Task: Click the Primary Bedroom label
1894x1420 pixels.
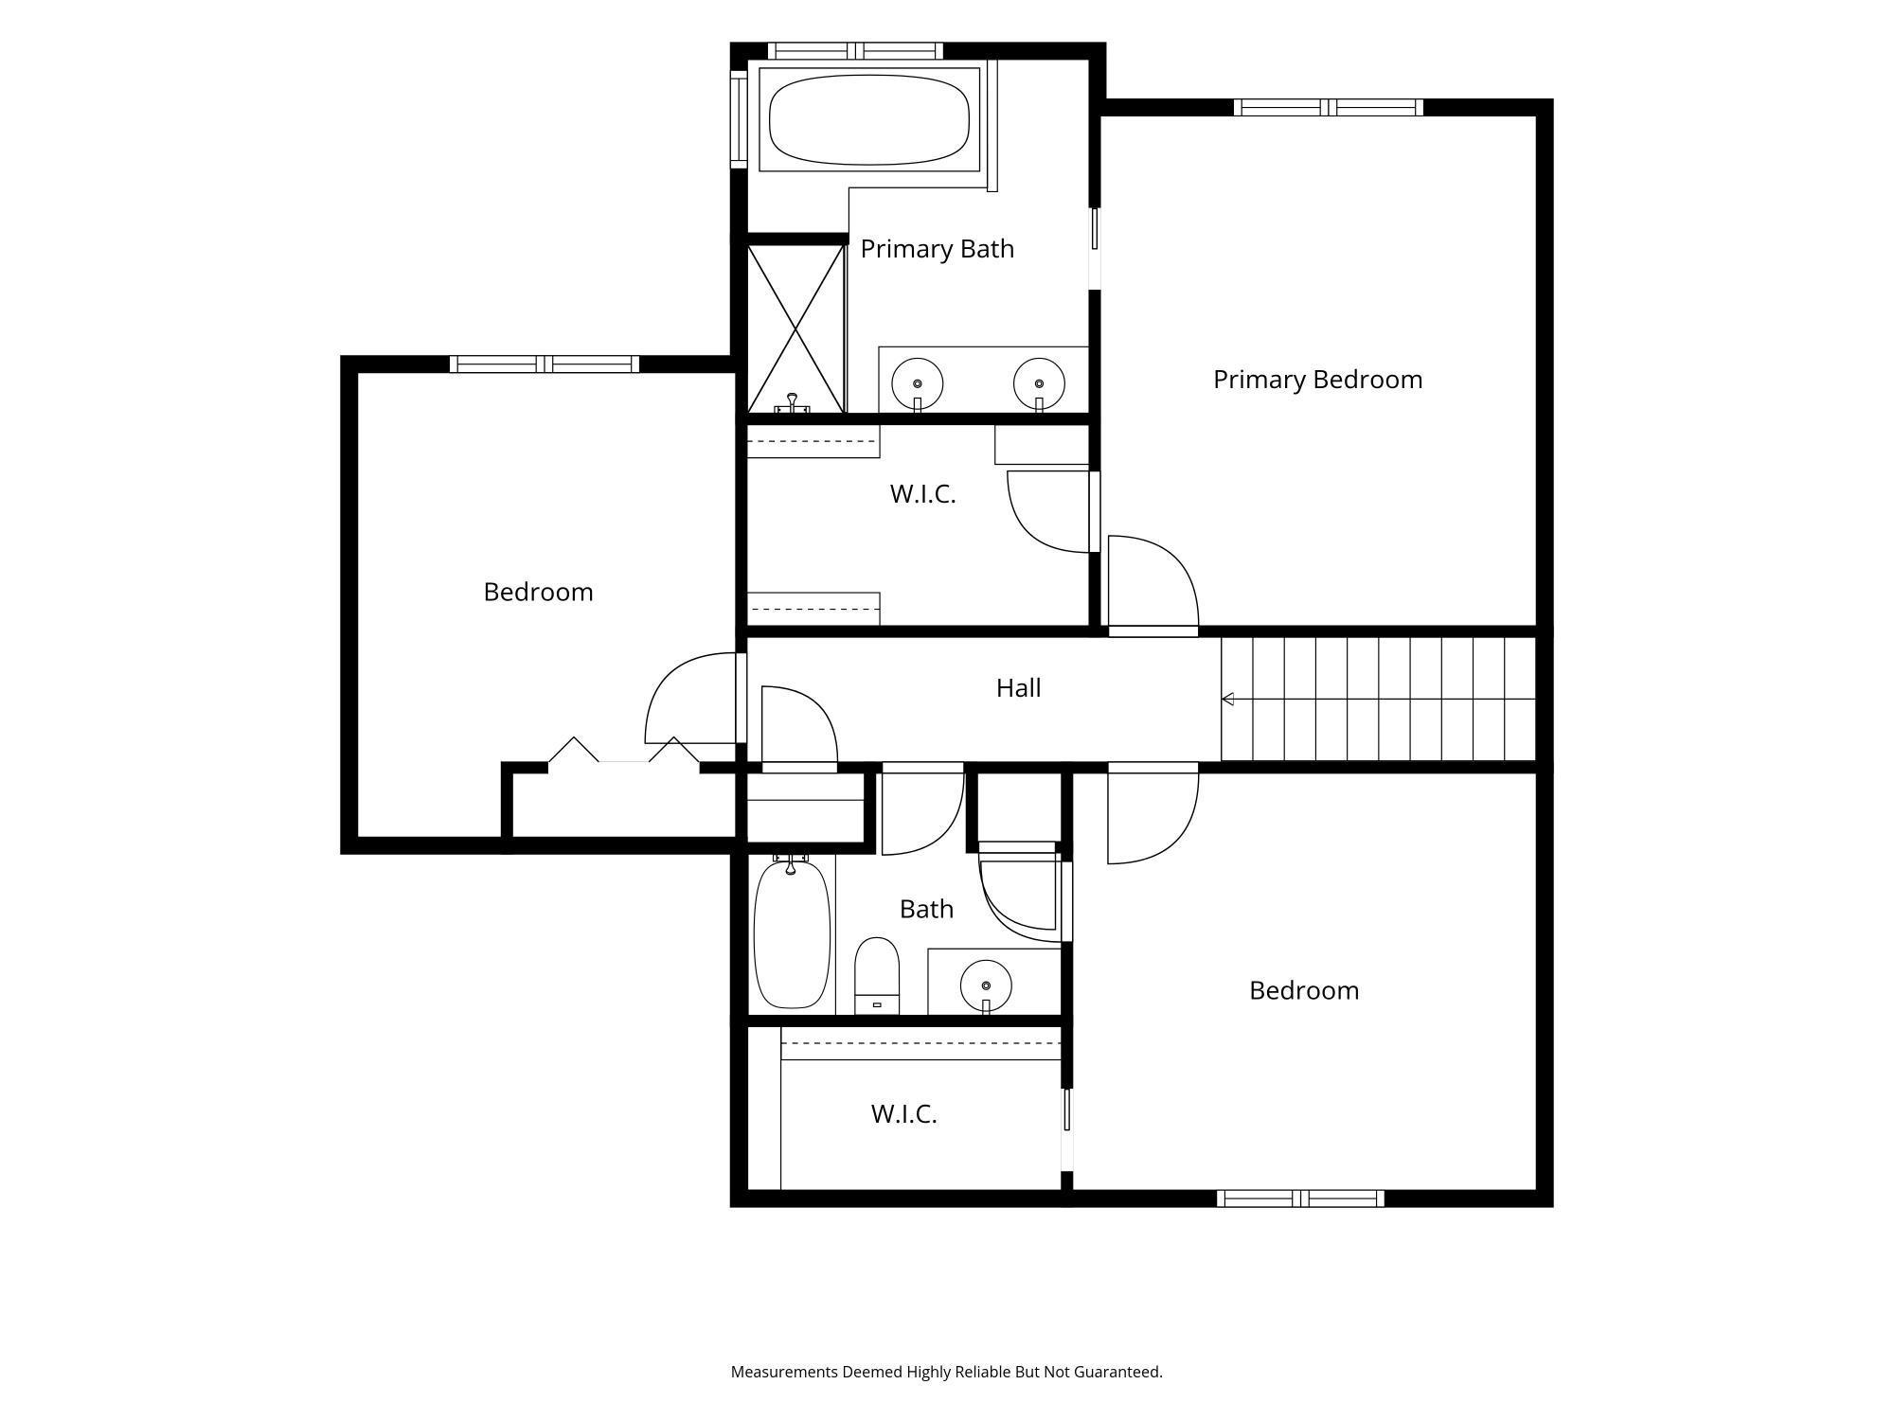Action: coord(1317,380)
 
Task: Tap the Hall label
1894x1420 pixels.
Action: coord(1018,688)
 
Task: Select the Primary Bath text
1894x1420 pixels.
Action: coord(937,249)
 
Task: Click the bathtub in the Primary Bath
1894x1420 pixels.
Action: coord(869,119)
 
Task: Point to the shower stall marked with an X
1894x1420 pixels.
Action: coord(795,328)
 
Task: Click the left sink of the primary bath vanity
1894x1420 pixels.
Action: coord(917,383)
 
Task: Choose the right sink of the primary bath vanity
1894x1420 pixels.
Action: coord(1039,383)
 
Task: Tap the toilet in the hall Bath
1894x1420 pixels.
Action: coord(877,976)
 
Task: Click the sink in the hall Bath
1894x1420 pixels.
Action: coord(986,985)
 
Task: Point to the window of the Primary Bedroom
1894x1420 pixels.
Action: coord(1329,107)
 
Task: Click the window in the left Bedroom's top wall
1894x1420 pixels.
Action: coord(544,364)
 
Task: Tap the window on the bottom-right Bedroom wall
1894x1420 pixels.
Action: coord(1300,1198)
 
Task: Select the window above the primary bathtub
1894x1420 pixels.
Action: coord(855,51)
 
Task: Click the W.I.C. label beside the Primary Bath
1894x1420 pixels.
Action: coord(922,494)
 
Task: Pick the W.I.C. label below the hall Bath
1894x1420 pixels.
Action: coord(904,1114)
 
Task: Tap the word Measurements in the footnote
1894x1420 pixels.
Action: coord(784,1372)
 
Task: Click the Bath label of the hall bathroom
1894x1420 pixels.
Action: coord(926,910)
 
